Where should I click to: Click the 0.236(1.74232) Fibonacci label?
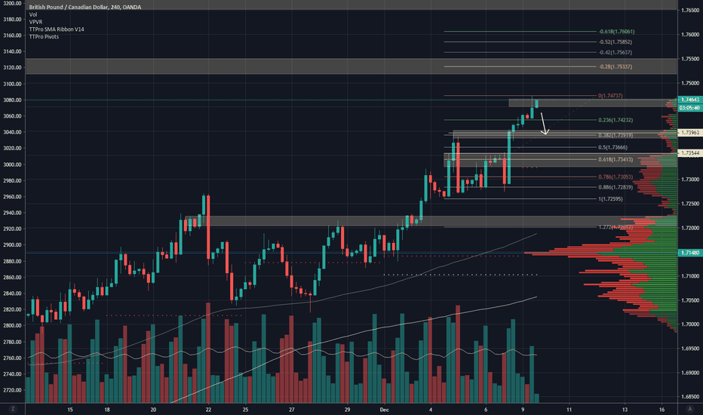click(x=616, y=120)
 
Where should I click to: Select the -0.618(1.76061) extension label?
click(x=616, y=32)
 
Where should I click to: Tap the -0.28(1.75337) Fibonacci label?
click(x=616, y=66)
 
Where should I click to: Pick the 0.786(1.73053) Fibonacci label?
click(x=616, y=177)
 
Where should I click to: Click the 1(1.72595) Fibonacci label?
click(x=611, y=198)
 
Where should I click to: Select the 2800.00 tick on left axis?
click(x=13, y=326)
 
